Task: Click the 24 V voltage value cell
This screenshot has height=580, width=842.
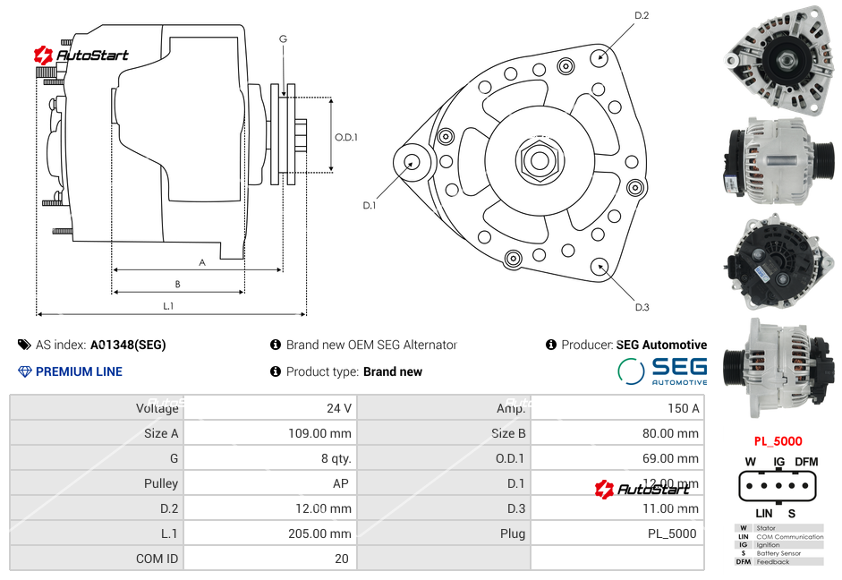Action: click(338, 408)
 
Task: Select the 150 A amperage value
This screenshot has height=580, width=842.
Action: click(683, 408)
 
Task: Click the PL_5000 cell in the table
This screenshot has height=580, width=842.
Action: click(671, 533)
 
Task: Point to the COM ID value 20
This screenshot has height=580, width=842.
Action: click(341, 559)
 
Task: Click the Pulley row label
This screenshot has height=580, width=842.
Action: click(161, 483)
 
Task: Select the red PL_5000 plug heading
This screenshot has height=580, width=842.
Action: click(778, 441)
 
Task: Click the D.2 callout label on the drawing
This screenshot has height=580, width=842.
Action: click(642, 16)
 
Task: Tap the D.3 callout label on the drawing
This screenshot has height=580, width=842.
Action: click(642, 307)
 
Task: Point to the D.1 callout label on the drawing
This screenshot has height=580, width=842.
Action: click(369, 205)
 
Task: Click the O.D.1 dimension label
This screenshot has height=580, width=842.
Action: click(346, 137)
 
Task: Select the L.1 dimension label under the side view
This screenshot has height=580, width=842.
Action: click(168, 306)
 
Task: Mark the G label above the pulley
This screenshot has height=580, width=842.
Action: click(283, 38)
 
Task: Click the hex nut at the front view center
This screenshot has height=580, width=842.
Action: click(539, 160)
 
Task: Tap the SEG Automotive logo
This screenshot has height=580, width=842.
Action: click(662, 371)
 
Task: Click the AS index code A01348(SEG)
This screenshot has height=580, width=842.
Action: click(128, 345)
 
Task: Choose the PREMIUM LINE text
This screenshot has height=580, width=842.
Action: click(79, 371)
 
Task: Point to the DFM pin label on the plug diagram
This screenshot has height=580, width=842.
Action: click(806, 462)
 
